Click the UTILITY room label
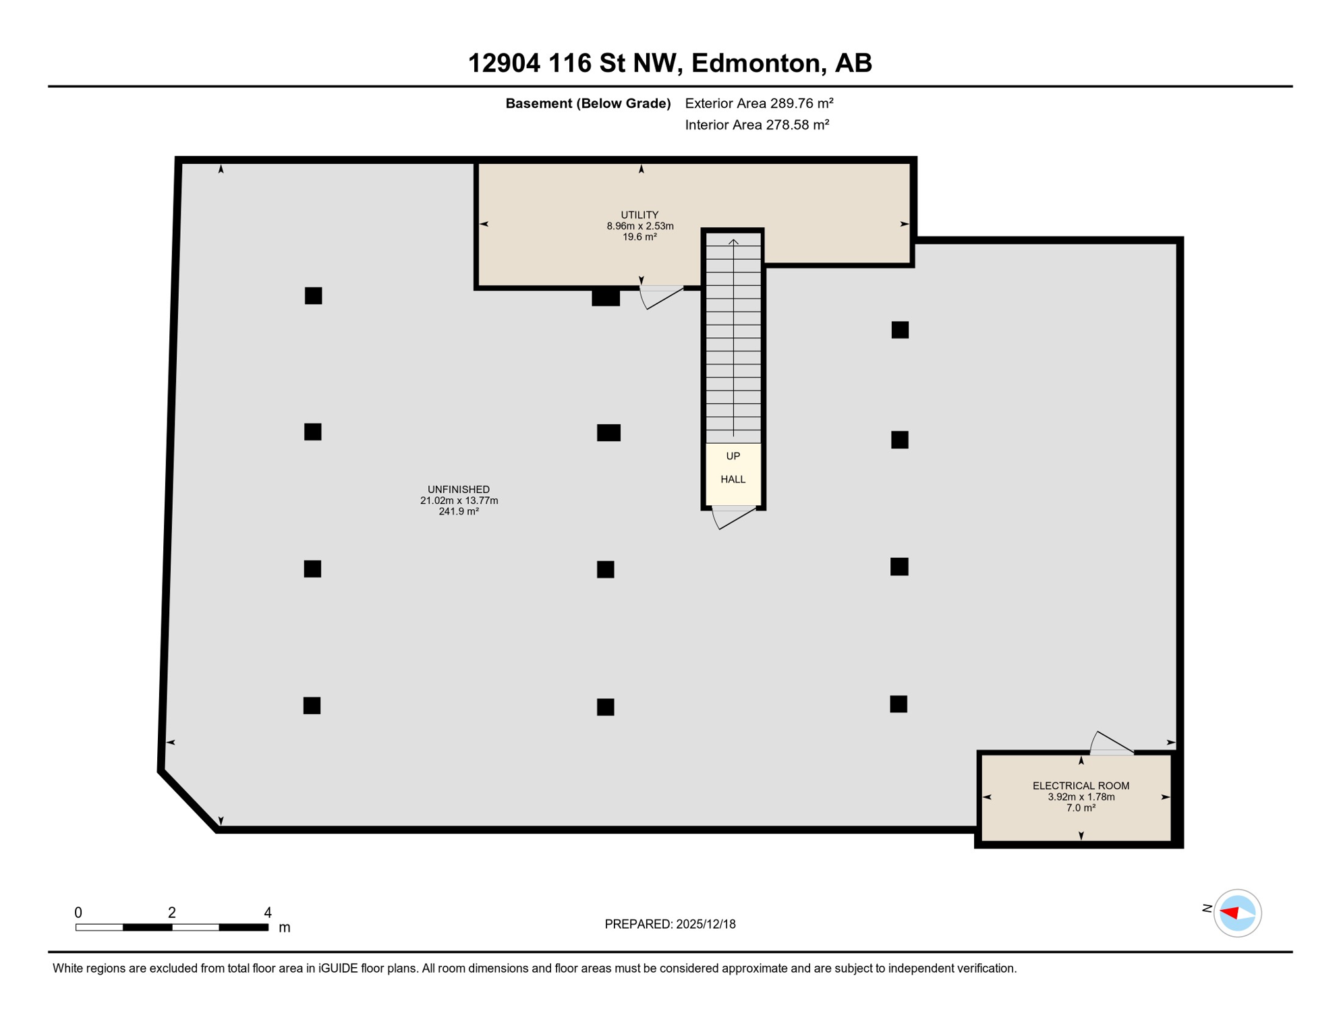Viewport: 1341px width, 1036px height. [x=639, y=215]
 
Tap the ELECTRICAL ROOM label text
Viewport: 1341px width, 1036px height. [x=1081, y=786]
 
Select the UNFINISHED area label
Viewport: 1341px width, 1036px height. [x=459, y=490]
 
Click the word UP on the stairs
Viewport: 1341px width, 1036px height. [x=733, y=456]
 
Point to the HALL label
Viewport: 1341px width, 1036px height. [x=733, y=480]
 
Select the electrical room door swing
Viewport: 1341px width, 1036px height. [x=1112, y=743]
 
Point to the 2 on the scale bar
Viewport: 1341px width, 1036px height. [x=172, y=913]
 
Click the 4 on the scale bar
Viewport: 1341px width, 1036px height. [x=268, y=913]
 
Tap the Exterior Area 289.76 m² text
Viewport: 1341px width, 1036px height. [x=759, y=103]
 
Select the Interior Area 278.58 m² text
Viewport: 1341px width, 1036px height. [x=757, y=125]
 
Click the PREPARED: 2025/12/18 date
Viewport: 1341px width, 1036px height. [x=670, y=924]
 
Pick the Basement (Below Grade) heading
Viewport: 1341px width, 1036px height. [x=588, y=103]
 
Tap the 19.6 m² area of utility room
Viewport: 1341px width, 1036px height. [x=639, y=237]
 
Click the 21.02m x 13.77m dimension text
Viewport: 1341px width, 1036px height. [x=459, y=500]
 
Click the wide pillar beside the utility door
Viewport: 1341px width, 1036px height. [x=606, y=297]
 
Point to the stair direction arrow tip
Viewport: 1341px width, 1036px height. [x=733, y=240]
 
